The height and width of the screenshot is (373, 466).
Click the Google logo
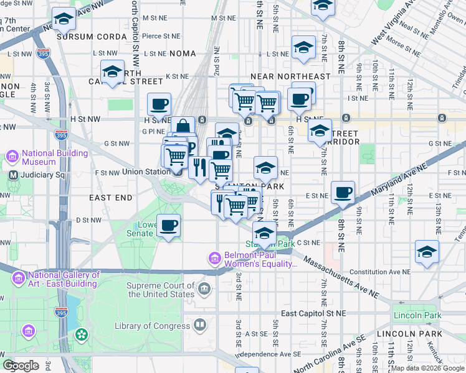[21, 366]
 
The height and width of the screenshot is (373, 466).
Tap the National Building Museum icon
[12, 156]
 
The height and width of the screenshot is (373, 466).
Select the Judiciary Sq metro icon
[14, 175]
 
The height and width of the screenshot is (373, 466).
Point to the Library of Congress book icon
[200, 325]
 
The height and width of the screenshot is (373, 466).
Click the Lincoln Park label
[417, 316]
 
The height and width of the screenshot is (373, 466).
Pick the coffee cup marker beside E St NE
[343, 193]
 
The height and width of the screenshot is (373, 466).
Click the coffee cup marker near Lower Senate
[168, 226]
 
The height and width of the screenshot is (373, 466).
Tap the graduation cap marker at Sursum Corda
[63, 20]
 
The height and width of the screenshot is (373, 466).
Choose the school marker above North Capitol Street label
[113, 70]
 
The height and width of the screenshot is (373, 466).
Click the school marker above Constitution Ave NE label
[427, 252]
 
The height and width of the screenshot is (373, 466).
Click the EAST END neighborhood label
[111, 198]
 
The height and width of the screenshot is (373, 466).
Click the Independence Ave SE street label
[270, 354]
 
